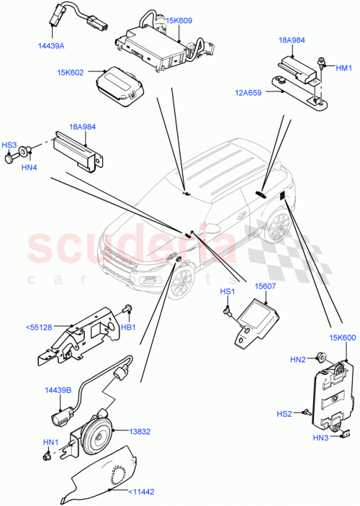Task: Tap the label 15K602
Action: (72, 73)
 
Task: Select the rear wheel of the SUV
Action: (274, 225)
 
